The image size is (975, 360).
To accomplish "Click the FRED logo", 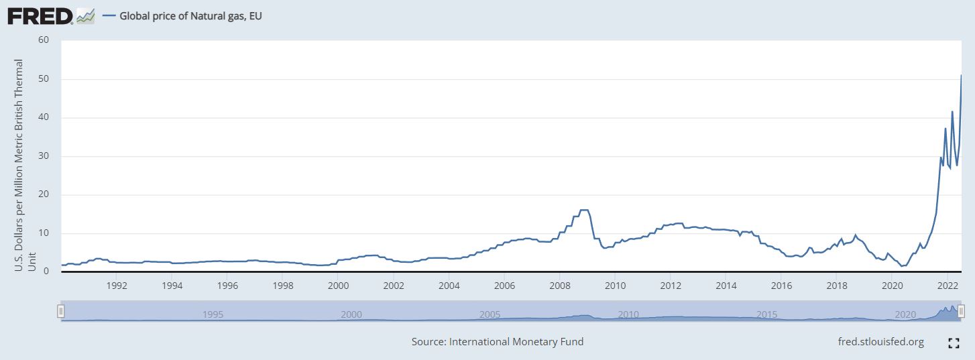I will click(40, 15).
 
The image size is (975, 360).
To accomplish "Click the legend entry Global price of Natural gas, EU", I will click(190, 15).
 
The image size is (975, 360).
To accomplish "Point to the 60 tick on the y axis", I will click(44, 40).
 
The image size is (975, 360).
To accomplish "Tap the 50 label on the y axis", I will click(44, 79).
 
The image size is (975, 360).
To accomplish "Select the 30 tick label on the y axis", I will click(44, 156).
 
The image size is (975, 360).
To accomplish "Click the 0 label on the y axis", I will click(47, 272).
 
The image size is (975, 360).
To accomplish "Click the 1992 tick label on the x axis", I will click(117, 284).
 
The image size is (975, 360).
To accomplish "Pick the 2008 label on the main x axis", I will click(559, 284).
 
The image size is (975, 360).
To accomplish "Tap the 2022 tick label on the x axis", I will click(946, 284).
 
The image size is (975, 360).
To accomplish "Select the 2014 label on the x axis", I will click(726, 284).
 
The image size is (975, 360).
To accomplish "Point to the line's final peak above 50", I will click(961, 75).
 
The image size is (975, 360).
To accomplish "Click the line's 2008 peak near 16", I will click(583, 210).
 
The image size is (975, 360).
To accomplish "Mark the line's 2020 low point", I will click(902, 266).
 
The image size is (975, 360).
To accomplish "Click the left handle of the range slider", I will click(61, 310).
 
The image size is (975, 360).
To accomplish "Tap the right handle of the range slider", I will click(961, 310).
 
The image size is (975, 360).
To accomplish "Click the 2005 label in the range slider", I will click(490, 314).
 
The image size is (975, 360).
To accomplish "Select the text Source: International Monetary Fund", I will click(498, 342).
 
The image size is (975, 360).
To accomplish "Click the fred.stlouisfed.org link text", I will click(881, 342).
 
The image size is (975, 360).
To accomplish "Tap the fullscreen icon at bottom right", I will click(954, 343).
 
